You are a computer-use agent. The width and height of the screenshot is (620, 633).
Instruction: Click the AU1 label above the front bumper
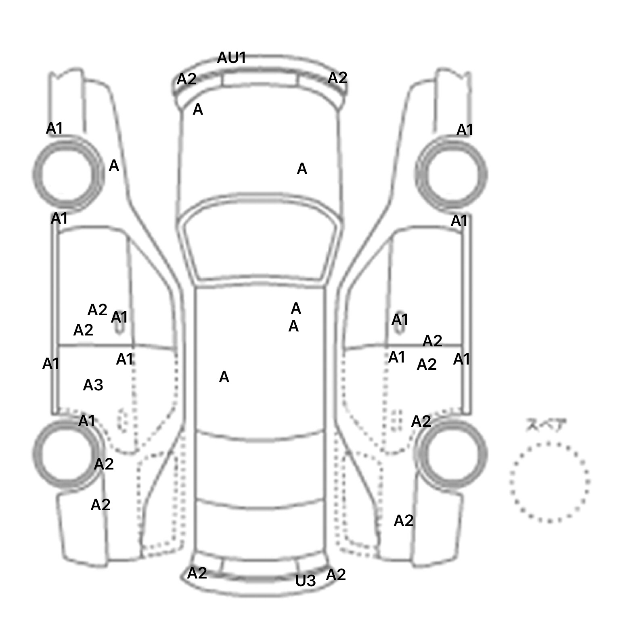[x=231, y=58]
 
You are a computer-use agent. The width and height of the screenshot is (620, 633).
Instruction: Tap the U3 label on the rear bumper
[x=305, y=581]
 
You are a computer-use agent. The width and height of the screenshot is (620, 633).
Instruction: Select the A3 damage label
[x=93, y=385]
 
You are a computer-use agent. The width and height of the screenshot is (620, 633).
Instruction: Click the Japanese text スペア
[x=546, y=425]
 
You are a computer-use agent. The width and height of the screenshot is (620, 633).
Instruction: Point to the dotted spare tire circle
[x=549, y=482]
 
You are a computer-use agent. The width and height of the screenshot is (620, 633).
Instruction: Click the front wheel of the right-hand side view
[x=451, y=174]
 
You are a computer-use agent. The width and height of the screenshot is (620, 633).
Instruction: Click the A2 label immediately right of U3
[x=336, y=574]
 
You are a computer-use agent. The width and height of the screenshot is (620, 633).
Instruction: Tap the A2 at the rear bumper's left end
[x=197, y=573]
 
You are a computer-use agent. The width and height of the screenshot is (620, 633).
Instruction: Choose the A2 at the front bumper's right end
[x=337, y=78]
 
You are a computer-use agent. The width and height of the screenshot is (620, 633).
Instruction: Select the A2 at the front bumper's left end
[x=186, y=79]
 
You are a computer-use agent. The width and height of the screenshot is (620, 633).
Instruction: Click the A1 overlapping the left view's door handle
[x=119, y=317]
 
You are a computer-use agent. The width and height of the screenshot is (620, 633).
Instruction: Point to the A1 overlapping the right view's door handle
[x=400, y=320]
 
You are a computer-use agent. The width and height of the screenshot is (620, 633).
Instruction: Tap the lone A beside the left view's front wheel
[x=114, y=166]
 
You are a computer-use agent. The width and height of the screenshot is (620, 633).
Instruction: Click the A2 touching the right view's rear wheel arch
[x=421, y=421]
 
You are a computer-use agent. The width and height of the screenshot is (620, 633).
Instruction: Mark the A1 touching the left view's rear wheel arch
[x=86, y=421]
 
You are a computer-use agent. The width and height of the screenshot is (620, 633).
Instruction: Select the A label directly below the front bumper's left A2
[x=198, y=109]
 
